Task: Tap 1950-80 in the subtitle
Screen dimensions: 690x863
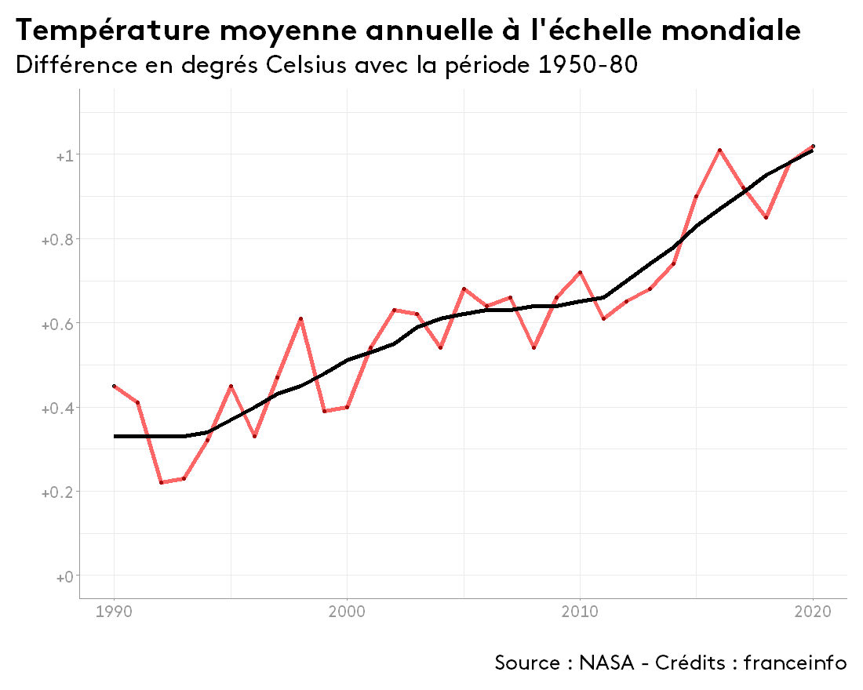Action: click(x=588, y=65)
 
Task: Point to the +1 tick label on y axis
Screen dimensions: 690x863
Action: click(x=64, y=155)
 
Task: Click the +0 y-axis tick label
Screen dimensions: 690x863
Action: click(x=64, y=577)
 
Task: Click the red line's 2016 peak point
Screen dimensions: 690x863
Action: click(x=719, y=150)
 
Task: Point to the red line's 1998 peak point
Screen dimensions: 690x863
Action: click(x=300, y=319)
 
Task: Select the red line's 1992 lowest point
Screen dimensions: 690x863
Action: click(x=161, y=482)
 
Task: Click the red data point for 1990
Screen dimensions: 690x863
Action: click(x=115, y=386)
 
